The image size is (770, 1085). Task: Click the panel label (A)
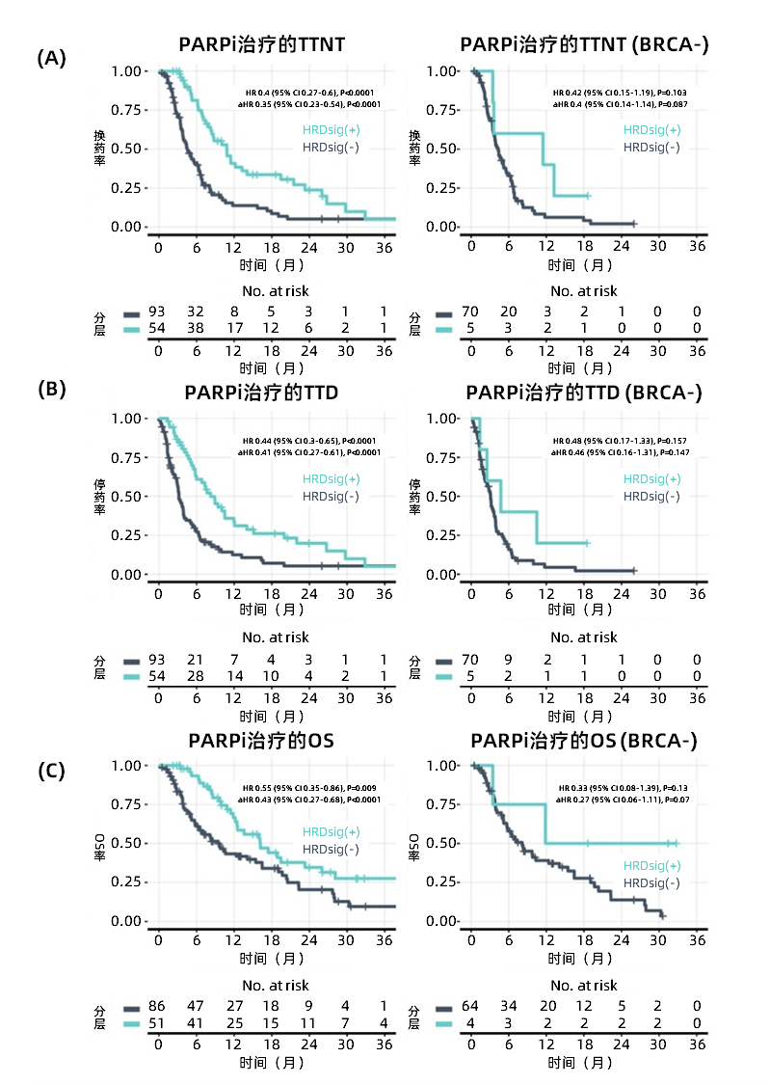coord(51,58)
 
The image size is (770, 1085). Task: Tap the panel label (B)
coord(51,390)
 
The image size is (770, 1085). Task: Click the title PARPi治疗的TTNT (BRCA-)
coord(585,44)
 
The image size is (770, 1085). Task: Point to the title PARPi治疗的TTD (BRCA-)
coord(584,393)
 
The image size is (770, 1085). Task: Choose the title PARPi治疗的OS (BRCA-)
coord(584,740)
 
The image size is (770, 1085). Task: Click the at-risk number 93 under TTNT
coord(157,312)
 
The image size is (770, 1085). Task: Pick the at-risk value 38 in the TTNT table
coord(196,329)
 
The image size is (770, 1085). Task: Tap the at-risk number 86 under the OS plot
coord(157,1006)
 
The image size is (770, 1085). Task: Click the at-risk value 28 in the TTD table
coord(196,676)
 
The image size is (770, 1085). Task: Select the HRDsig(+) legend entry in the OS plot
coord(331,831)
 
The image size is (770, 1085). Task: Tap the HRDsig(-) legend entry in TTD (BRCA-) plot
coord(651,496)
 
